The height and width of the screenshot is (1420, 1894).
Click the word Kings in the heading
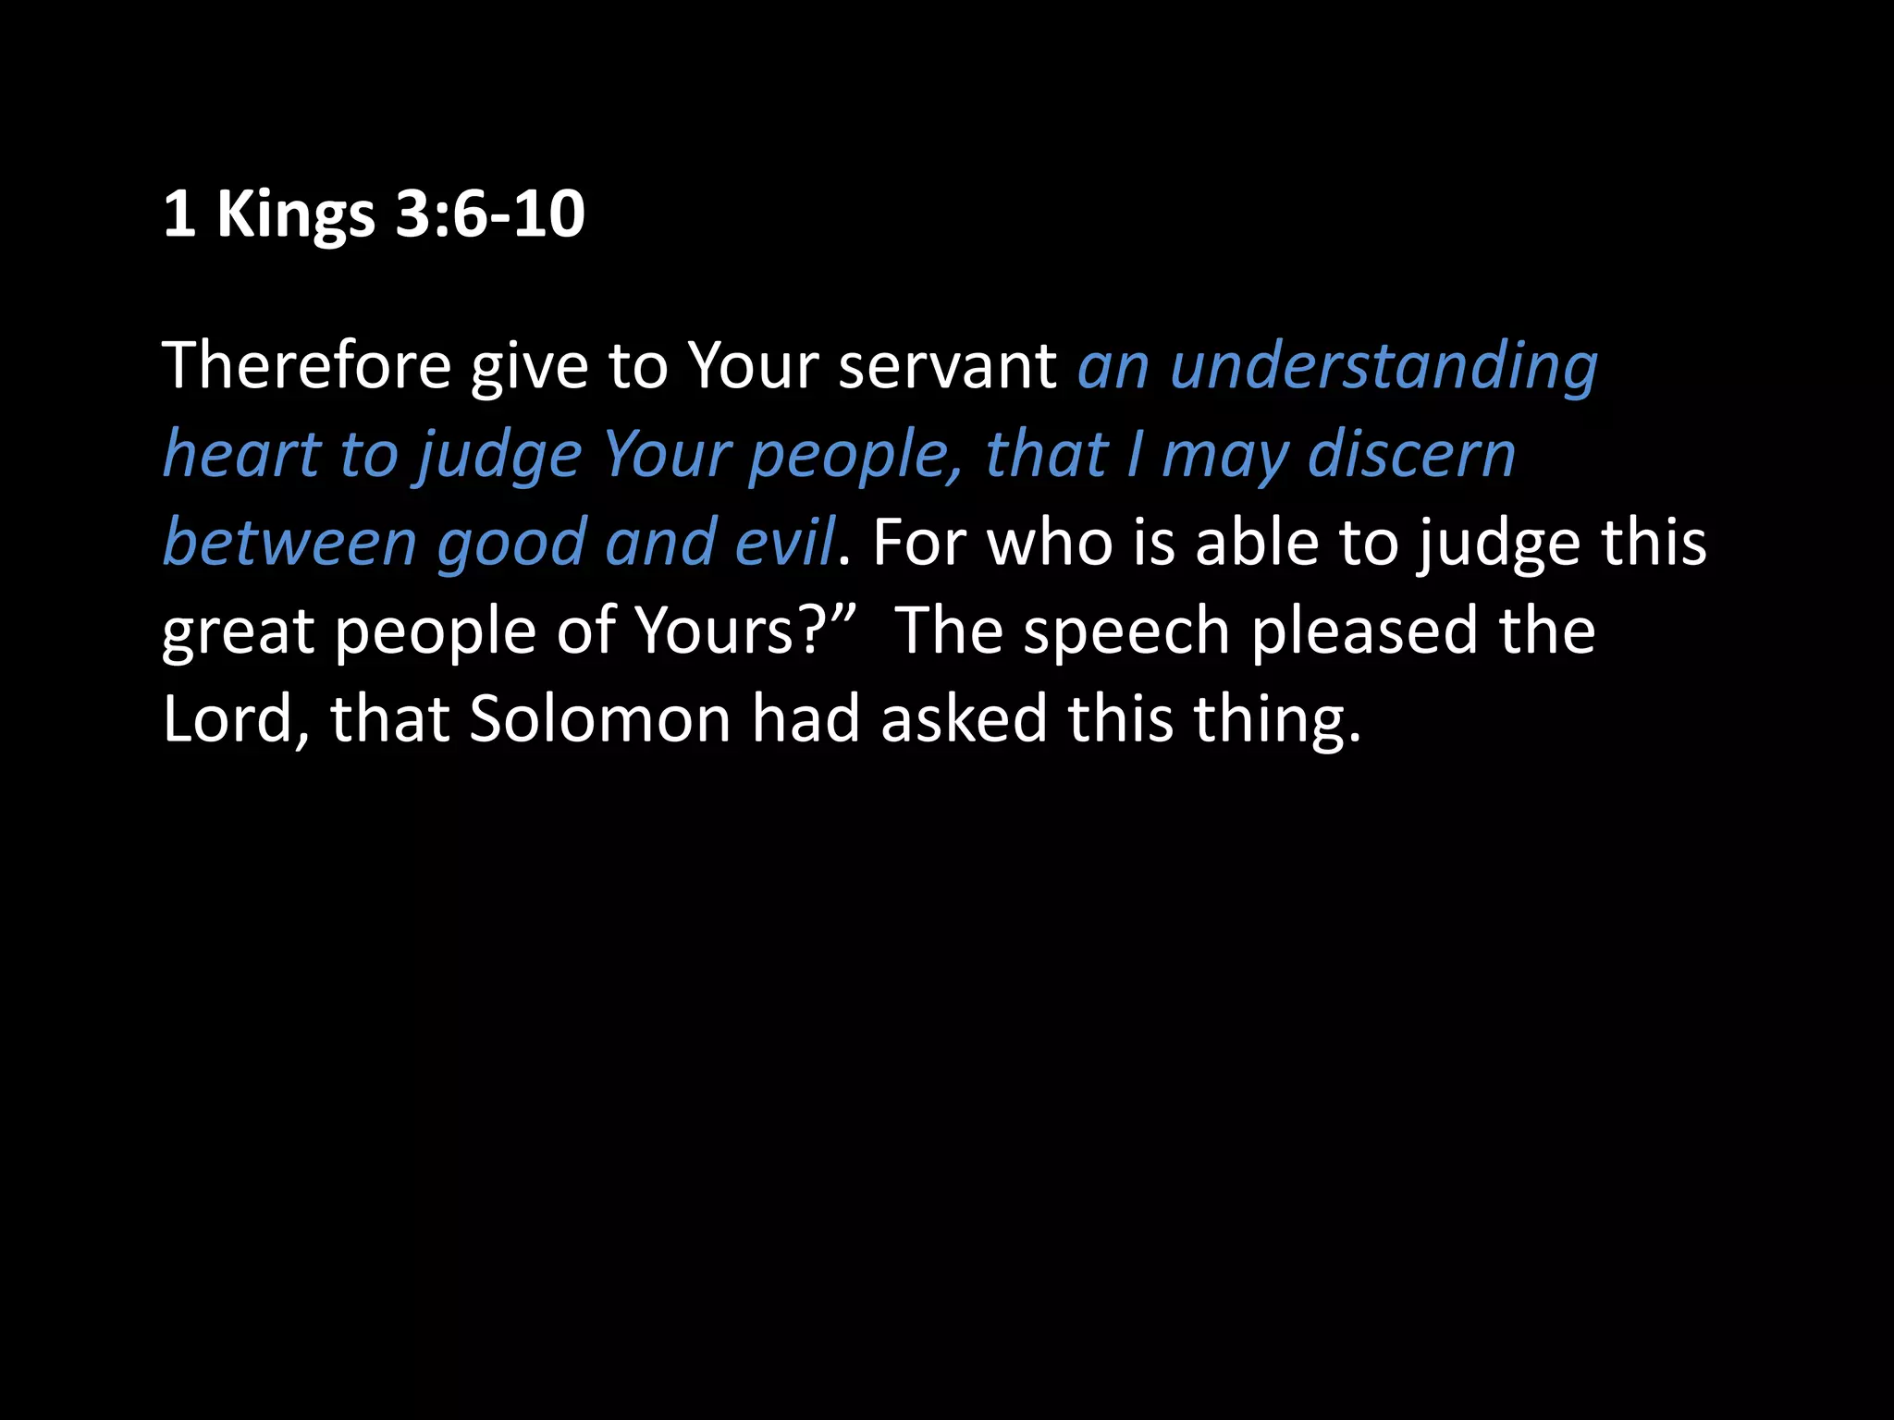tap(295, 215)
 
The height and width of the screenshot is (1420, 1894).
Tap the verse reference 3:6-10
tap(490, 214)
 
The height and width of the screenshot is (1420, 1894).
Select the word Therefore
tap(306, 365)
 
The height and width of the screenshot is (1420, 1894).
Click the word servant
tap(947, 365)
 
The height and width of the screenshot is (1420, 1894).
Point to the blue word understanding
tap(1384, 367)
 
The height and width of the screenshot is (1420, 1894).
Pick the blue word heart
tap(241, 454)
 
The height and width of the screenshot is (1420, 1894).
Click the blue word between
tap(289, 543)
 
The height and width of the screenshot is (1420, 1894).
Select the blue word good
tap(510, 545)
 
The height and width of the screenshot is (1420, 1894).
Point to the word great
tap(238, 633)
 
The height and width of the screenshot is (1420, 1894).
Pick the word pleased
tap(1364, 633)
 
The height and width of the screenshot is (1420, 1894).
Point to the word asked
tap(963, 718)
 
